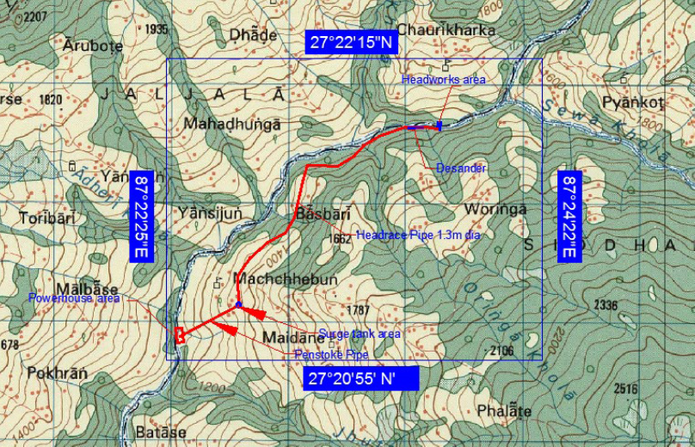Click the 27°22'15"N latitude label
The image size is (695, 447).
pyautogui.click(x=351, y=41)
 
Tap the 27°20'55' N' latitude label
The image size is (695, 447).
pyautogui.click(x=361, y=378)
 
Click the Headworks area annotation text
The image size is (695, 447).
pyautogui.click(x=444, y=80)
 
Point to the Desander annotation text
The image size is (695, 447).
pyautogui.click(x=461, y=168)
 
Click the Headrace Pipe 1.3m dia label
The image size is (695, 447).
pyautogui.click(x=418, y=235)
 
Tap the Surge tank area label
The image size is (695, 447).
pyautogui.click(x=360, y=334)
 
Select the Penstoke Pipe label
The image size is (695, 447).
pyautogui.click(x=331, y=354)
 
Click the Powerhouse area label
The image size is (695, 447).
pyautogui.click(x=74, y=298)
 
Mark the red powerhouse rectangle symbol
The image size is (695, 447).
pyautogui.click(x=180, y=335)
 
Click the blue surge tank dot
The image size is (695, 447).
pyautogui.click(x=238, y=305)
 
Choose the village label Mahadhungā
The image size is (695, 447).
pyautogui.click(x=232, y=124)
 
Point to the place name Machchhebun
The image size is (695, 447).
pyautogui.click(x=285, y=279)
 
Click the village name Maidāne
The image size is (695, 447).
pyautogui.click(x=292, y=337)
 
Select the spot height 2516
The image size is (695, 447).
pyautogui.click(x=625, y=389)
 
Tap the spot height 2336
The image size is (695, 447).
pyautogui.click(x=606, y=305)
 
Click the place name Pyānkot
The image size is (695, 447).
pyautogui.click(x=633, y=102)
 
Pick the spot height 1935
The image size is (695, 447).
pyautogui.click(x=157, y=29)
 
